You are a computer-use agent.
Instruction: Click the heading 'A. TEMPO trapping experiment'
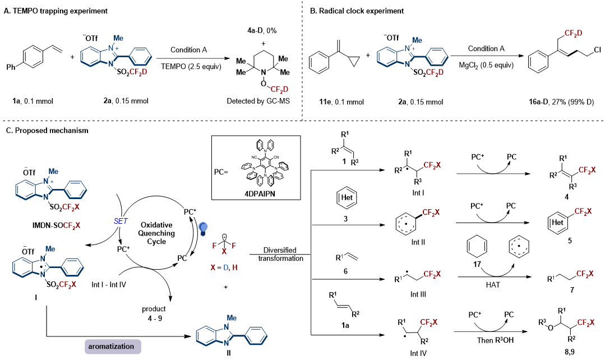pos(56,11)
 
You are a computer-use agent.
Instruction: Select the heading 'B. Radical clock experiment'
pos(357,11)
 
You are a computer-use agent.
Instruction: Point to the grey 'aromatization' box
pos(113,346)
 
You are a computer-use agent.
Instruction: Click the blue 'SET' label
pos(121,221)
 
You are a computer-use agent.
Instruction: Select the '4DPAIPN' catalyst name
pos(260,193)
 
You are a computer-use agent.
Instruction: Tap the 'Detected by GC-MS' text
pos(258,101)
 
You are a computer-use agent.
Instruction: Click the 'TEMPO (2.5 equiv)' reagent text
pos(191,67)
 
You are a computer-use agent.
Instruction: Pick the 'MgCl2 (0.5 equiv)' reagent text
pos(486,65)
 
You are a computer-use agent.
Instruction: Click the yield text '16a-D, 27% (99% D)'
pos(561,102)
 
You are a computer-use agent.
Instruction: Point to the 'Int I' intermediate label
pos(418,192)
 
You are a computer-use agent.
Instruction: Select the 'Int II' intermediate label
pos(418,242)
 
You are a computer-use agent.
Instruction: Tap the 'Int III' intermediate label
pos(418,294)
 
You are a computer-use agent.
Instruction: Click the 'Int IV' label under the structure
pos(418,353)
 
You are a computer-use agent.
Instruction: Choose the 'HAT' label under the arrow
pos(493,285)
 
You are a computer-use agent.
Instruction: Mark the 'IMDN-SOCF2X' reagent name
pos(56,225)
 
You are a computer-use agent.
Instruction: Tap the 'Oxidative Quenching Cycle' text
pos(156,233)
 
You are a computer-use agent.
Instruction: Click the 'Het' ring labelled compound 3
pos(347,197)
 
